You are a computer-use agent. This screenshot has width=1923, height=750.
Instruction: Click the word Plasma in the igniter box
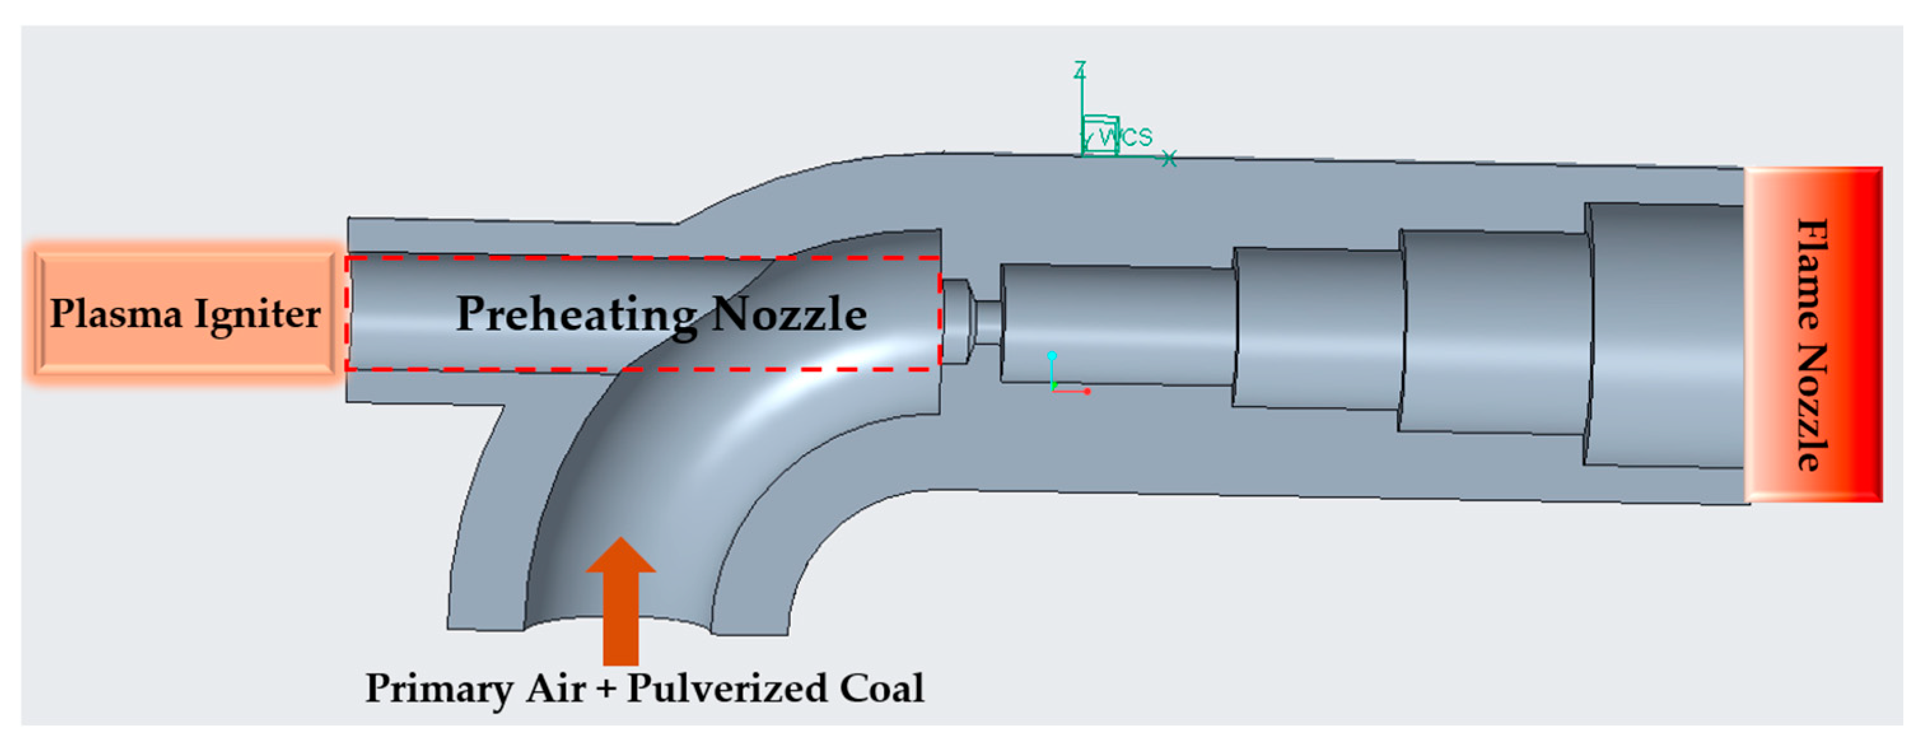(x=116, y=314)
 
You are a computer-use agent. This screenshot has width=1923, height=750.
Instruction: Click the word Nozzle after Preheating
(x=788, y=314)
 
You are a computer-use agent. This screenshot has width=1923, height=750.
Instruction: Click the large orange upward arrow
(x=620, y=601)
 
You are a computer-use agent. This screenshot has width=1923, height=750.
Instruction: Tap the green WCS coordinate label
(x=1126, y=136)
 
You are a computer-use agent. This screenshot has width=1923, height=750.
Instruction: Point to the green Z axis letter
(x=1079, y=69)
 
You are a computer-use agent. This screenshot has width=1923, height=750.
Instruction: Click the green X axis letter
(x=1169, y=158)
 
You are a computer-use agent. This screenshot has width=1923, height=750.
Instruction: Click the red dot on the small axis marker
(x=1087, y=391)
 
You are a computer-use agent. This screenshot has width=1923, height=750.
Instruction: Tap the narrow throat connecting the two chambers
(x=987, y=323)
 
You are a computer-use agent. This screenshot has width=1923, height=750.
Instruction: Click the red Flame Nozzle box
(x=1814, y=335)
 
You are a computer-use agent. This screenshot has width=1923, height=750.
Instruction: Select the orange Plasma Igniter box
(x=185, y=314)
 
